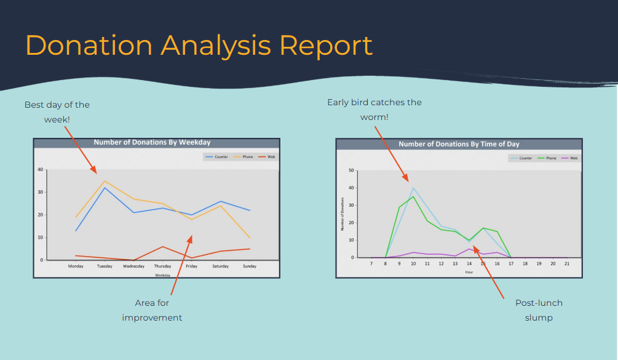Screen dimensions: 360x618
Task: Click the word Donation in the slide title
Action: [x=89, y=46]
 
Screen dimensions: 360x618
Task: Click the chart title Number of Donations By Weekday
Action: [x=152, y=142]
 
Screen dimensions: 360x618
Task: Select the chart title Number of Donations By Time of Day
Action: [x=459, y=144]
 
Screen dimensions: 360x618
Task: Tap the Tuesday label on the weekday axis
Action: [x=105, y=266]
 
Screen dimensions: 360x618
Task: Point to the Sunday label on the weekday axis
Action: [x=250, y=266]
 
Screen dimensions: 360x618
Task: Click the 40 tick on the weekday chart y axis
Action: [x=40, y=169]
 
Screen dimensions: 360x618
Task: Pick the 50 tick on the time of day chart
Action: [x=351, y=170]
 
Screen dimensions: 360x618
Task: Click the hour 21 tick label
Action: [x=567, y=263]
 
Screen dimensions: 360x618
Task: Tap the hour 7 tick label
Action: [x=371, y=263]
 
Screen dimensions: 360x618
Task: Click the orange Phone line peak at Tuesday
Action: [x=105, y=181]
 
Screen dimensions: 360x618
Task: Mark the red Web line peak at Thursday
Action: [x=162, y=247]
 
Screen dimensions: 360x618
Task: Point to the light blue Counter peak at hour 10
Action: [x=413, y=188]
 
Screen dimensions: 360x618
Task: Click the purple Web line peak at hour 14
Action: [x=469, y=249]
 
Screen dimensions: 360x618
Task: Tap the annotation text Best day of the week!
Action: [x=57, y=112]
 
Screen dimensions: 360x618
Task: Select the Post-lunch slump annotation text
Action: [x=539, y=310]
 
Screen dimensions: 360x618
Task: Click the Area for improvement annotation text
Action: [x=152, y=310]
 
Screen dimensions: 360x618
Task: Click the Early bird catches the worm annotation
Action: [x=374, y=110]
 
